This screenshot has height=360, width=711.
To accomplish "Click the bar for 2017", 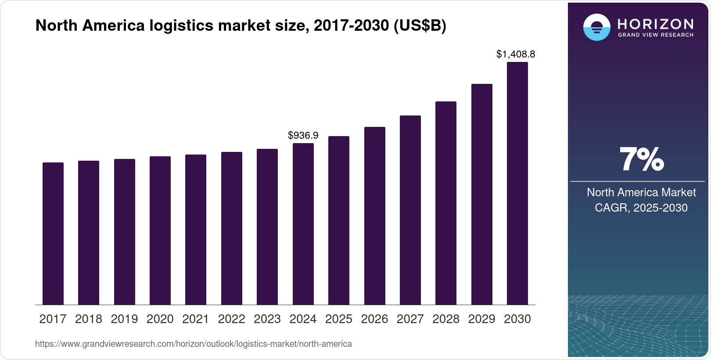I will tap(53, 234).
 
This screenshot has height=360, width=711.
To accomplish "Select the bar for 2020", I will tap(160, 230).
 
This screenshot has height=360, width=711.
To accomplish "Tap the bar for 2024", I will tap(303, 224).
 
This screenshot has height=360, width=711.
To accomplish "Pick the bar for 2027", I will tap(410, 210).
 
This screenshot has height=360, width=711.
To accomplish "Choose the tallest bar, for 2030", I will tap(517, 183).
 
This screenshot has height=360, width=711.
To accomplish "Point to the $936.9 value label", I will tap(303, 135).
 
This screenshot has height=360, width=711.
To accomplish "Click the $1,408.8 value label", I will tap(516, 54).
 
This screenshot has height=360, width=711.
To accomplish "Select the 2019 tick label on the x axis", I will tap(124, 319).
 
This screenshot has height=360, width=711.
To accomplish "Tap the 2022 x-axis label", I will tap(231, 319).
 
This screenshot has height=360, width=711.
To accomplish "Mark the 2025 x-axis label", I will tap(339, 319).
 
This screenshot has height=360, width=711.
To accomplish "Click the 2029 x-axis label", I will tap(481, 319).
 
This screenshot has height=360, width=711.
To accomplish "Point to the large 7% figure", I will tap(641, 159).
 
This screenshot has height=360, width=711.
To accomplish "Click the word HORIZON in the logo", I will tap(656, 24).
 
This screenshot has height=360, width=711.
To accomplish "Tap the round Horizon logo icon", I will tap(596, 27).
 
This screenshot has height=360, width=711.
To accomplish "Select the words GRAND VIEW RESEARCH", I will tap(656, 35).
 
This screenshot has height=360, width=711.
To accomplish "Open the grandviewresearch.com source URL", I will tap(194, 344).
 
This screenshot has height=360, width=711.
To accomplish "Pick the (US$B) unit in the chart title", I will tap(420, 25).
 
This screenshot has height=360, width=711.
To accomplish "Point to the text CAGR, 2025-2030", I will tap(641, 208).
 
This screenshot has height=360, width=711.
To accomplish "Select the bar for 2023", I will tap(267, 227).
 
